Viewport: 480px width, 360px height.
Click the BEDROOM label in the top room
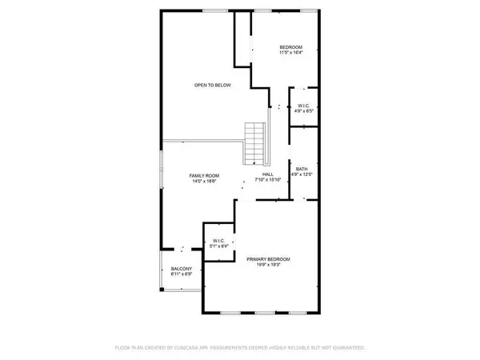click(x=290, y=48)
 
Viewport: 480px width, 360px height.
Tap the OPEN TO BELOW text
click(x=212, y=85)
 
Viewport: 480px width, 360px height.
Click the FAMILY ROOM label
click(x=204, y=175)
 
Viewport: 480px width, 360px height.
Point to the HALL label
click(x=268, y=175)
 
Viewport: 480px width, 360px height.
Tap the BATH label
click(x=302, y=169)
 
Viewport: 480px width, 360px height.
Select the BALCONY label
click(x=181, y=269)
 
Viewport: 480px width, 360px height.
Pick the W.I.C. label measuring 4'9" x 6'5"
click(x=304, y=106)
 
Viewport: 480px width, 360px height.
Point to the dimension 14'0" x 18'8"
click(x=204, y=181)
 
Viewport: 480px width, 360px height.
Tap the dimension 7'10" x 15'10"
click(x=268, y=181)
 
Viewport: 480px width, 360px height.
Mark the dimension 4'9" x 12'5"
click(x=302, y=174)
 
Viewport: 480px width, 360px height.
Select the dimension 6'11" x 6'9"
click(x=181, y=274)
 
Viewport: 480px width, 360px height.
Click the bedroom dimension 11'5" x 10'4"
click(x=290, y=54)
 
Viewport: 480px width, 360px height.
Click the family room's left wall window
click(x=162, y=169)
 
